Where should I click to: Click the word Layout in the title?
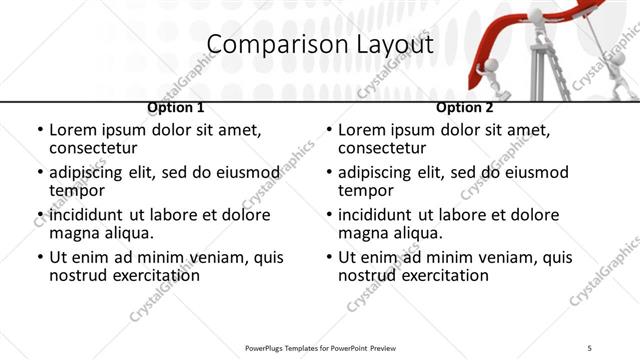[391, 45]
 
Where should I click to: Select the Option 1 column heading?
[175, 108]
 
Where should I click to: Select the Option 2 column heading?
[464, 108]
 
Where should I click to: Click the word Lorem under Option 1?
[75, 130]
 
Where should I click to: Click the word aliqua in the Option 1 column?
[128, 234]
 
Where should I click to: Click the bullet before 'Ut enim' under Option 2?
[329, 257]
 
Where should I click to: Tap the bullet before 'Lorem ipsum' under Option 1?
[40, 130]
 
